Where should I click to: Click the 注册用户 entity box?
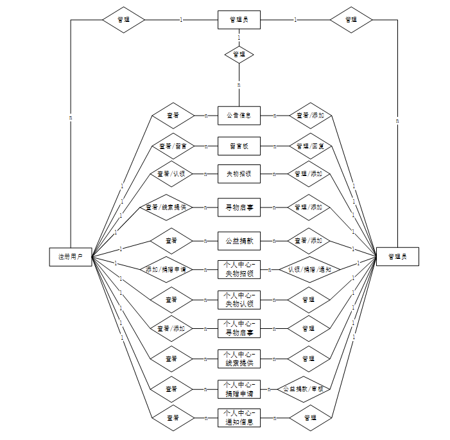coord(71,257)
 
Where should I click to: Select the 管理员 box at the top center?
coord(239,20)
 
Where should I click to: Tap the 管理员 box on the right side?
coord(398,257)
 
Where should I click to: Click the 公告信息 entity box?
coord(239,116)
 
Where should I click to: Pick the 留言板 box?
coord(239,146)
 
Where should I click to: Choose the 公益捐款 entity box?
coord(239,241)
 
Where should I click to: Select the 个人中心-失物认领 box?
coord(239,299)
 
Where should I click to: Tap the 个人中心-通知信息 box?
coord(239,418)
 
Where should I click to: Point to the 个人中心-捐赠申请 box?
coord(239,389)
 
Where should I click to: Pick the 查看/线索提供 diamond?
coord(166,207)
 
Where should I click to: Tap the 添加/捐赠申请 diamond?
coord(166,270)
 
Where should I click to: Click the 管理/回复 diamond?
coord(309,146)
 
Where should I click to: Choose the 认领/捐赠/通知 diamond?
coord(309,270)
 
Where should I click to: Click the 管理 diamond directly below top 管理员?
coord(239,54)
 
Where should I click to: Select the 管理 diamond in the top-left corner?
coord(123,20)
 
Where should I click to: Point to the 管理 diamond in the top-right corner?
coord(351,20)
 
